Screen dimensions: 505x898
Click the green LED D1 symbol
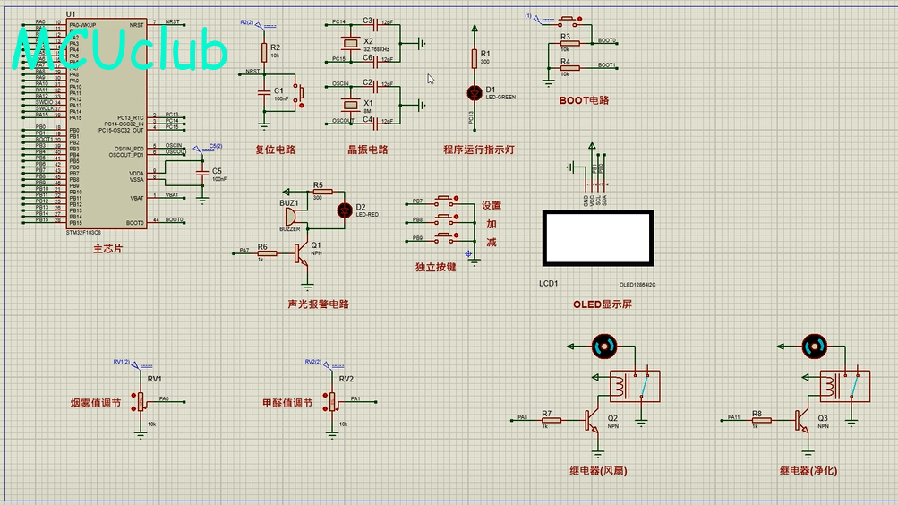point(475,91)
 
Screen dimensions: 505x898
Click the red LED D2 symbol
point(343,209)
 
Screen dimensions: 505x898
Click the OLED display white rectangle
point(597,238)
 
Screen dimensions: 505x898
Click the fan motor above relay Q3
point(815,346)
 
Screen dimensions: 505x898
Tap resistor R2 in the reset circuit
point(263,51)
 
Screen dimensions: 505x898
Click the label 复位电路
point(275,150)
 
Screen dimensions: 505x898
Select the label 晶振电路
point(368,150)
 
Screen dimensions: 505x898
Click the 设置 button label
point(492,205)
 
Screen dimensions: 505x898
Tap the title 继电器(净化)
point(808,470)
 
